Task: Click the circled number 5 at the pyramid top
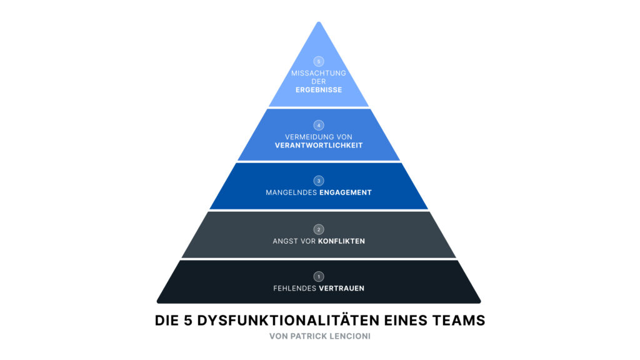pos(319,62)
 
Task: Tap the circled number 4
pos(319,125)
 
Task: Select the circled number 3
pos(319,181)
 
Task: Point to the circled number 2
pos(319,229)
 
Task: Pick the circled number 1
pos(319,276)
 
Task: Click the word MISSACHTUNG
pos(319,74)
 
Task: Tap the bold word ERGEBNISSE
pos(319,90)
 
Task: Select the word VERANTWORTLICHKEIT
pos(319,145)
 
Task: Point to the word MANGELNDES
pos(291,192)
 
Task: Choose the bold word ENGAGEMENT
pos(346,192)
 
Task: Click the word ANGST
pos(286,241)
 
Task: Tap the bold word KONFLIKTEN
pos(342,241)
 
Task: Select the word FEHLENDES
pos(295,289)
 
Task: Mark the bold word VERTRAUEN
pos(342,289)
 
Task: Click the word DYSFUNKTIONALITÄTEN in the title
pos(288,321)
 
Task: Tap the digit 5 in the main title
pos(187,321)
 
